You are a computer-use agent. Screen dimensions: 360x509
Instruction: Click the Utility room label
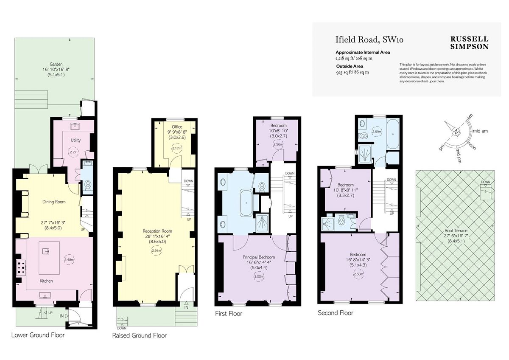(76, 140)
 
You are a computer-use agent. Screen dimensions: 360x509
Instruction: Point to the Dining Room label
(54, 202)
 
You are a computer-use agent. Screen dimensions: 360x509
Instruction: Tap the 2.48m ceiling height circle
(69, 260)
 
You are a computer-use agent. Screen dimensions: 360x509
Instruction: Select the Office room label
(177, 127)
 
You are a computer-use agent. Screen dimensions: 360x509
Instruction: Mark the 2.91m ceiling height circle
(157, 251)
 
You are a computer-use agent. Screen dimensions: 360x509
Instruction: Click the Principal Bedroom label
(259, 257)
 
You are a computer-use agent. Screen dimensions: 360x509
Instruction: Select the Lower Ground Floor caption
(38, 335)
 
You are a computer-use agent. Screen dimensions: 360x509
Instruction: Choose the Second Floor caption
(336, 313)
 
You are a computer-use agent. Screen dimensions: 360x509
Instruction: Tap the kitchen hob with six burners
(20, 269)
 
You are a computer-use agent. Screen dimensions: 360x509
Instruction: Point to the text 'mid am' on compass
(480, 131)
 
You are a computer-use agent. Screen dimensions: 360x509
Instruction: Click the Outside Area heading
(350, 66)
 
